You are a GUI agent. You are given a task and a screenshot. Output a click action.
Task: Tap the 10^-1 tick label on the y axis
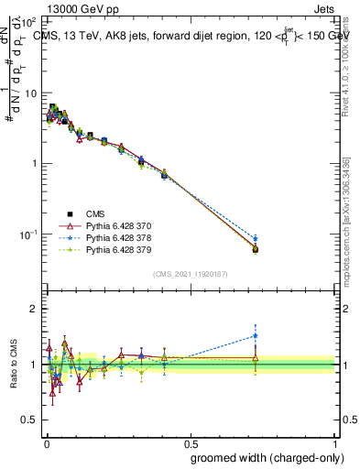28,234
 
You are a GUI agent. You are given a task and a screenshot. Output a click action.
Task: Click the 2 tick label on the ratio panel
32,309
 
